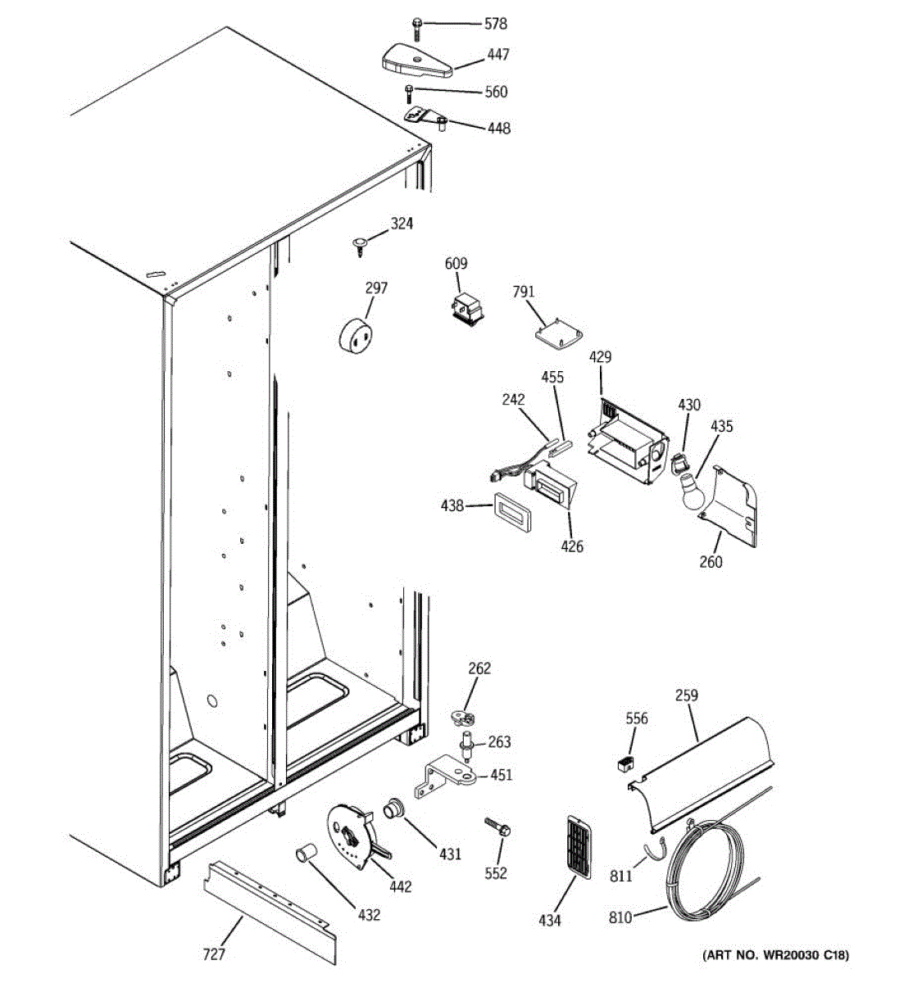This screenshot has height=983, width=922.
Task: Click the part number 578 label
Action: [495, 24]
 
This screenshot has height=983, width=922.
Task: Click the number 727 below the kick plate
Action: [213, 954]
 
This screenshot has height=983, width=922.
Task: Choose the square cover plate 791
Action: [559, 333]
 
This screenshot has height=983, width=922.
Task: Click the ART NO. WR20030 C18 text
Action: [775, 955]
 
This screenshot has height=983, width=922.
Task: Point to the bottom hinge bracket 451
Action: [449, 774]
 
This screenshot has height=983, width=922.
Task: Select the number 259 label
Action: [687, 695]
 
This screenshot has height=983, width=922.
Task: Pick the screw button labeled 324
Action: [360, 243]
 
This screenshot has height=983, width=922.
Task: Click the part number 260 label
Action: [711, 561]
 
